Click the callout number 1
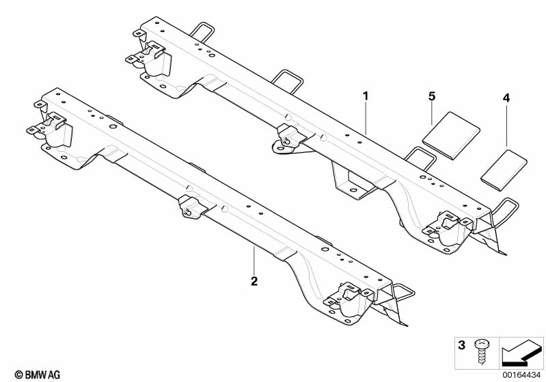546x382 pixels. (x=366, y=96)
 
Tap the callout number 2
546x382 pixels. (x=254, y=281)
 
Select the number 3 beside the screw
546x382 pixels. (x=461, y=345)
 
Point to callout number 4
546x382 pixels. (x=506, y=98)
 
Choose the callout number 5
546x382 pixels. (x=432, y=96)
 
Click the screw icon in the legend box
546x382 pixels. (x=481, y=352)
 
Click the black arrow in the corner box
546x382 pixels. (x=521, y=353)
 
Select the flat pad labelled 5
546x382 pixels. (x=451, y=135)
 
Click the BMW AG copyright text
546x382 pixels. (x=38, y=374)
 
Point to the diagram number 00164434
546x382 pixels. (x=521, y=375)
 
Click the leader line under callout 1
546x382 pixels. (x=366, y=118)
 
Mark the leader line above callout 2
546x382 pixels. (x=254, y=260)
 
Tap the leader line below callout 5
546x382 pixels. (x=432, y=113)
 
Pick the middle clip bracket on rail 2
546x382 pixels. (x=191, y=207)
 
